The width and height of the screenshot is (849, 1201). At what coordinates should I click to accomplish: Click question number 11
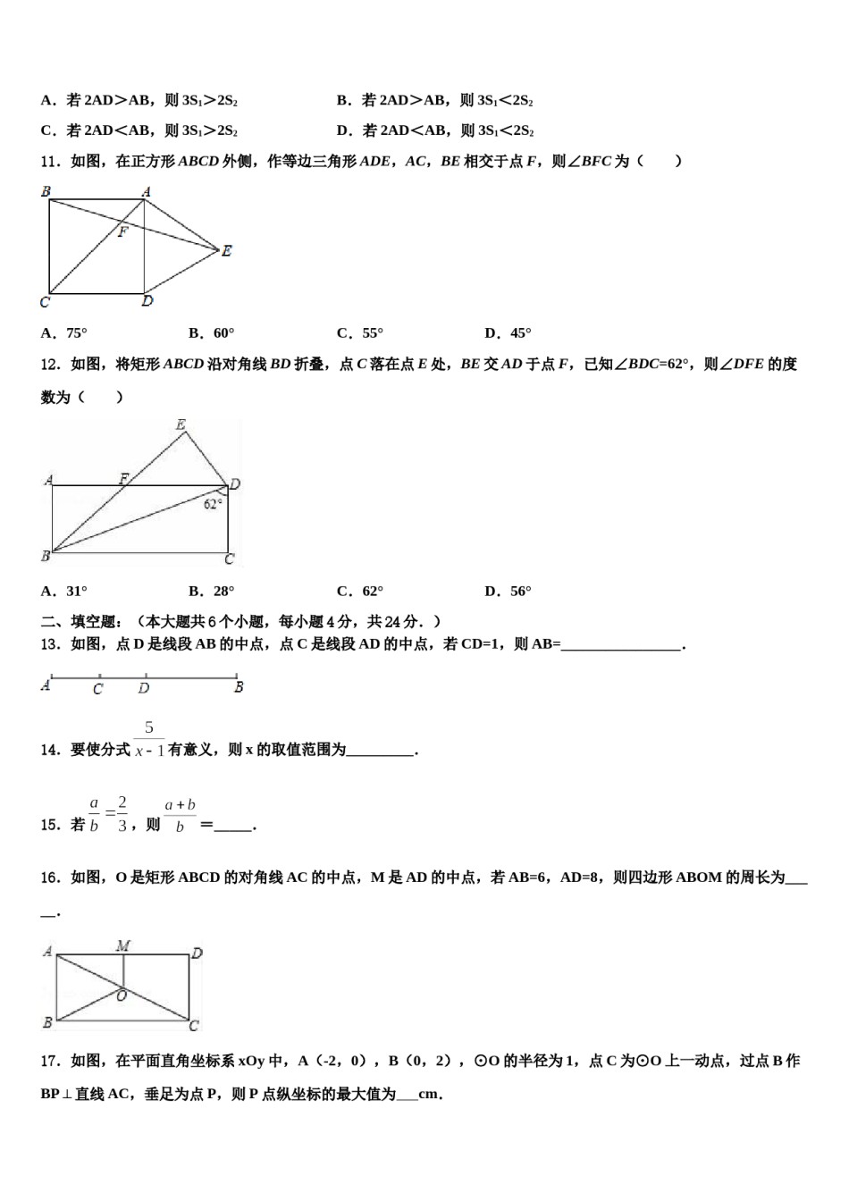click(x=50, y=162)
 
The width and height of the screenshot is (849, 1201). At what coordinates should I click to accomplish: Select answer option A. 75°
click(x=64, y=333)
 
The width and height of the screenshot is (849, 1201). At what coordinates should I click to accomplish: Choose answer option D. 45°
click(x=508, y=333)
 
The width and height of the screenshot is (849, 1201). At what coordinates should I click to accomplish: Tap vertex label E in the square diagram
click(x=227, y=251)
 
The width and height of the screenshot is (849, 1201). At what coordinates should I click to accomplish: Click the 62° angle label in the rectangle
click(x=213, y=504)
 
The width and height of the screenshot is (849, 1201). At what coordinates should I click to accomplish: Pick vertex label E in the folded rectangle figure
click(x=181, y=424)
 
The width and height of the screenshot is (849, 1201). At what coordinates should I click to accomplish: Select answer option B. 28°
click(x=212, y=591)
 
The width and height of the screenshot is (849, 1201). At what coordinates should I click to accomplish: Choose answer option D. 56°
click(x=508, y=591)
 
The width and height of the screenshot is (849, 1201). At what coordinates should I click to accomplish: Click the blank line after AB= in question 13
click(x=621, y=645)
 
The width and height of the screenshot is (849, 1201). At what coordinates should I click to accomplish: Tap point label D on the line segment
click(x=144, y=689)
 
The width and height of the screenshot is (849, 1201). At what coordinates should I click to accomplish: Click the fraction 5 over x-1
click(x=149, y=740)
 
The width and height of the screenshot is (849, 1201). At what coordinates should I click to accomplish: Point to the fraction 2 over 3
click(x=122, y=813)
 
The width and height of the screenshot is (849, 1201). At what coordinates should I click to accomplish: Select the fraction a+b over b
click(x=180, y=815)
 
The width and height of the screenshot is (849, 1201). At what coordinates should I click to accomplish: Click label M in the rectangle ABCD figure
click(x=123, y=945)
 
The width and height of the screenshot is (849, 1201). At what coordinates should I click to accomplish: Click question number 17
click(x=50, y=1061)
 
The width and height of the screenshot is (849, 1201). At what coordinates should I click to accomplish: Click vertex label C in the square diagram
click(x=45, y=302)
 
